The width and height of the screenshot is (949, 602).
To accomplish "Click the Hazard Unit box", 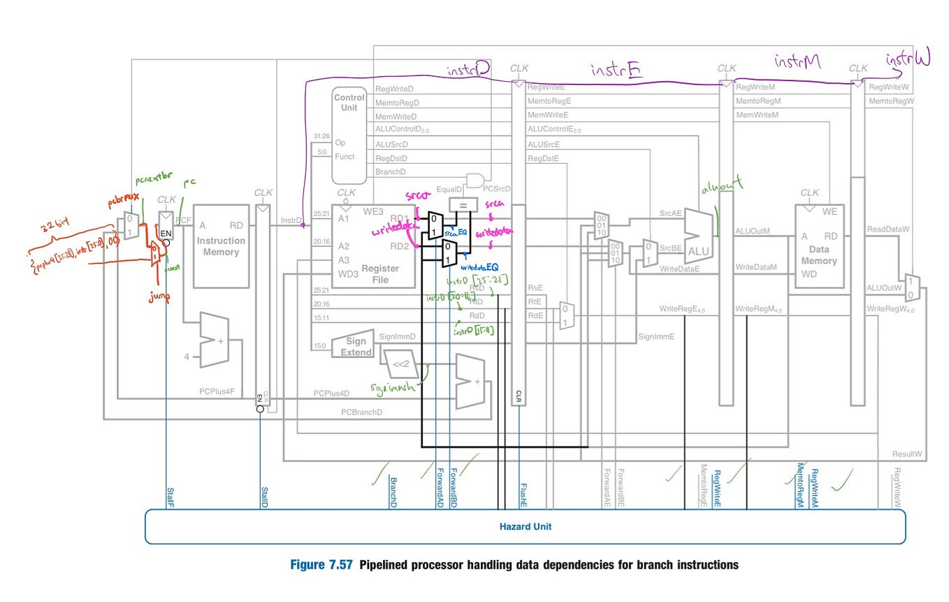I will (524, 526).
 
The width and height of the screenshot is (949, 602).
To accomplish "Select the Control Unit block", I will (349, 133).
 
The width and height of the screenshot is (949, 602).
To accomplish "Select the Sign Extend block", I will (356, 347).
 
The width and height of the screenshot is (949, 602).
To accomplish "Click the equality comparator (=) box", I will (462, 204).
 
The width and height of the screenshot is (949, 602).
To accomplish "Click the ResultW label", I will (906, 454).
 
